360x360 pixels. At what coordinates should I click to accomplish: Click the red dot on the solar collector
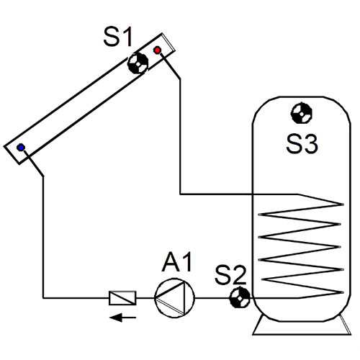158,50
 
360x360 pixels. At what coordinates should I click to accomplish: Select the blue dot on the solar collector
22,148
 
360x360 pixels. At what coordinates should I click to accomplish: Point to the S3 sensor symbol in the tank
300,113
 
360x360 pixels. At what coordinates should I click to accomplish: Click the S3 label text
302,144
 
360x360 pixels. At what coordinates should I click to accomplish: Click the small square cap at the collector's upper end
168,42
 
